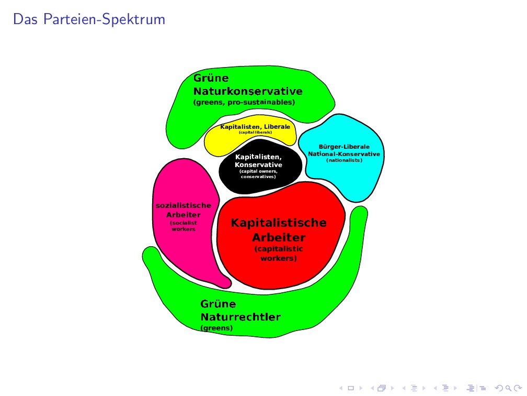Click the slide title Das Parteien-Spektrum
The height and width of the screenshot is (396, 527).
(x=89, y=19)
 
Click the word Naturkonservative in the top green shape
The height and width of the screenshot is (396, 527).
(x=248, y=91)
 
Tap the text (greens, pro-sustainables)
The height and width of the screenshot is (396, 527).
(x=244, y=102)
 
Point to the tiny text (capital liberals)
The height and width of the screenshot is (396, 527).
(x=255, y=133)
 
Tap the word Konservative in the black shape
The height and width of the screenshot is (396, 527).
(x=258, y=164)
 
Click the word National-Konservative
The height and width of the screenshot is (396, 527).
(x=344, y=154)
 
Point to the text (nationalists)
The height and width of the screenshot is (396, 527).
(x=344, y=160)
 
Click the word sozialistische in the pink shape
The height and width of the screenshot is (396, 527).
(x=184, y=205)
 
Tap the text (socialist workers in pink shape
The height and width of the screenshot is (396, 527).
(x=183, y=226)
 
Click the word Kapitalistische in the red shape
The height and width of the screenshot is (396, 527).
(x=279, y=223)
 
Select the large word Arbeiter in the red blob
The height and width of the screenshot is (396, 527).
(x=279, y=238)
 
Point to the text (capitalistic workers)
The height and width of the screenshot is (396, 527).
(x=279, y=254)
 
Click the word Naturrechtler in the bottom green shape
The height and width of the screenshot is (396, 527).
(x=240, y=317)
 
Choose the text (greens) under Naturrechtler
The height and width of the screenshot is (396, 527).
(x=216, y=328)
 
